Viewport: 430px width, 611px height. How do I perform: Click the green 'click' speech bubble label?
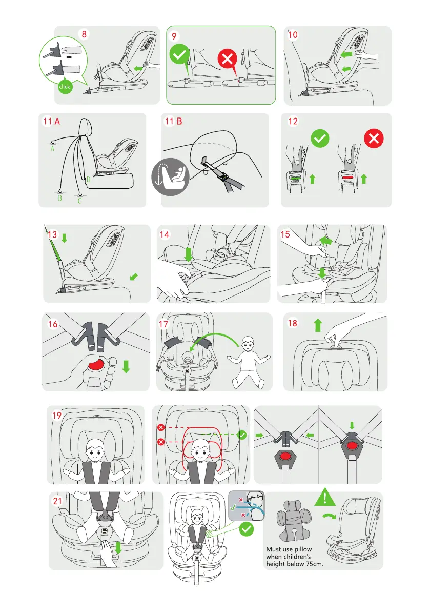(x=65, y=87)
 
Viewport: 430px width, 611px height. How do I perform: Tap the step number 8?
(x=84, y=34)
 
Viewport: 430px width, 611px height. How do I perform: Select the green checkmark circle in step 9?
(x=179, y=54)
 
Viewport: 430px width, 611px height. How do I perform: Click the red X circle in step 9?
(x=227, y=59)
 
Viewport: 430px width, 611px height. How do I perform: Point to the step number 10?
(x=293, y=35)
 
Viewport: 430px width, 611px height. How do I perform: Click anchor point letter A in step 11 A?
(x=52, y=148)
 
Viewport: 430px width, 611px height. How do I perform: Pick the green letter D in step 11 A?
(x=88, y=180)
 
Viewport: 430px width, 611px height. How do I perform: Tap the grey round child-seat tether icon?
(x=170, y=177)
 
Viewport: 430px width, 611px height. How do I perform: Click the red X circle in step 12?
(x=374, y=139)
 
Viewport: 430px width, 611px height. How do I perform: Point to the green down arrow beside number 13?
(x=64, y=238)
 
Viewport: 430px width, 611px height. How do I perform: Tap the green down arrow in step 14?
(x=188, y=254)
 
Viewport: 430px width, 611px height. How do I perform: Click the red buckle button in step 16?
(x=96, y=365)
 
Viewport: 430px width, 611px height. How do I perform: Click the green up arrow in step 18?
(x=318, y=325)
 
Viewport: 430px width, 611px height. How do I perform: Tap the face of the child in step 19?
(x=95, y=451)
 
